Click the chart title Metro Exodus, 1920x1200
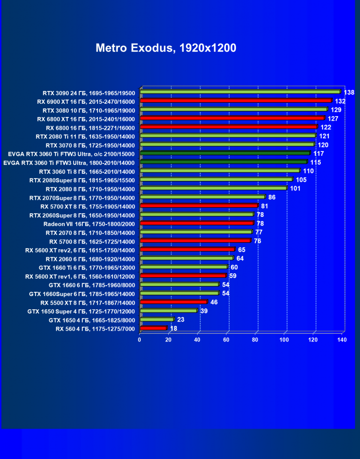tap(166, 48)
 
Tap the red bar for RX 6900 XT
tap(235, 101)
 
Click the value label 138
tap(349, 92)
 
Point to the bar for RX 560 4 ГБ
tap(153, 328)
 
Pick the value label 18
tap(174, 328)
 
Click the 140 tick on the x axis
tap(342, 340)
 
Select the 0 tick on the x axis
tap(140, 340)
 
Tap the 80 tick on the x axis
tap(255, 340)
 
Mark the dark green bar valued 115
tap(224, 162)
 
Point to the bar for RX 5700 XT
tap(199, 206)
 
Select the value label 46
tap(214, 302)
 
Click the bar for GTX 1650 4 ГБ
tap(157, 320)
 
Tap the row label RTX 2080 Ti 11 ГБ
tap(85, 136)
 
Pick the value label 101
tap(296, 189)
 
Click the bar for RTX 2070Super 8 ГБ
tap(202, 197)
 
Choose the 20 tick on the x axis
tap(168, 340)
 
